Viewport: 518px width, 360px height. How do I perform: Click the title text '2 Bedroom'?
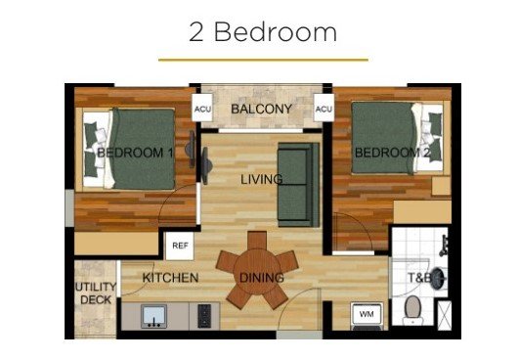(263, 32)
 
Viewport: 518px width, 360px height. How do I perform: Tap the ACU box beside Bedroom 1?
(202, 108)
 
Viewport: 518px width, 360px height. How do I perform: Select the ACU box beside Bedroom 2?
(324, 108)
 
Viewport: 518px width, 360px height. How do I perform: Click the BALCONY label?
(261, 109)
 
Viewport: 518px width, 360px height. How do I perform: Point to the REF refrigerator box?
(180, 246)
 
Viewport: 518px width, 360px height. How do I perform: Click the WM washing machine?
(367, 315)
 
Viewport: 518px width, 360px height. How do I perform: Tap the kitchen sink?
(154, 316)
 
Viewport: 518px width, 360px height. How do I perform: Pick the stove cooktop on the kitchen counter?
(204, 316)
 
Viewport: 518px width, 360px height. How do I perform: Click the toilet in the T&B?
(412, 310)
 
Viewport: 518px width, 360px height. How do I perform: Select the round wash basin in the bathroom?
(438, 279)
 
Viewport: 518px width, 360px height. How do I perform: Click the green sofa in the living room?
(298, 185)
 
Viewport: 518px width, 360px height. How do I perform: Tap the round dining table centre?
(257, 272)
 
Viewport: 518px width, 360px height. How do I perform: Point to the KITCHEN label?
(170, 278)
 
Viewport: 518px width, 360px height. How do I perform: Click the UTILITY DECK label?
(96, 292)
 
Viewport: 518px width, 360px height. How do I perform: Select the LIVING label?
(262, 179)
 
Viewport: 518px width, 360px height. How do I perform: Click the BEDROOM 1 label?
(135, 153)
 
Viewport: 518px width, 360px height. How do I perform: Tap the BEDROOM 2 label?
(393, 153)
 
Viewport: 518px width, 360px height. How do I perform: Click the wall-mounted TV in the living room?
(206, 165)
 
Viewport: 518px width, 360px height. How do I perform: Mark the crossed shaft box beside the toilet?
(445, 315)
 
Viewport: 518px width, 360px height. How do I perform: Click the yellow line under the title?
(263, 61)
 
